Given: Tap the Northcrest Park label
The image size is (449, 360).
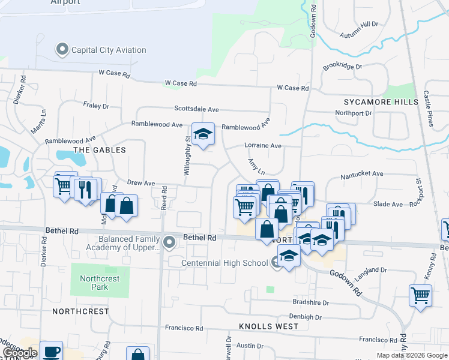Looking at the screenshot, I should (x=100, y=283).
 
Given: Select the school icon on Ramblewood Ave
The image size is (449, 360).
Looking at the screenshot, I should (x=203, y=134).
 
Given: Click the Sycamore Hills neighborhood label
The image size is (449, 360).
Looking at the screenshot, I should (x=381, y=102).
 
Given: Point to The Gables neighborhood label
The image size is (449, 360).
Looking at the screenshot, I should (x=100, y=149).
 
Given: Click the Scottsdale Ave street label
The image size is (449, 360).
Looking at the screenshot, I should (x=197, y=109).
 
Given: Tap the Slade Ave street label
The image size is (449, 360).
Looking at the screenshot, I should (x=388, y=205).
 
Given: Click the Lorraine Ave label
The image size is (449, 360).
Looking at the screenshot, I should (x=263, y=146).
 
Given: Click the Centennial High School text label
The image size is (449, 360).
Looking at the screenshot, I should (x=224, y=263).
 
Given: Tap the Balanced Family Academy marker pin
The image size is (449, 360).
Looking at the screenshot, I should (x=170, y=242).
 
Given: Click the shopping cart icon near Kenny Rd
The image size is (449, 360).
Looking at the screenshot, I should (x=420, y=295).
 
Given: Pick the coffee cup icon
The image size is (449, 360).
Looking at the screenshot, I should (x=52, y=351).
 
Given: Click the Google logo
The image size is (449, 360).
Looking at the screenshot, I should (x=19, y=353).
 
